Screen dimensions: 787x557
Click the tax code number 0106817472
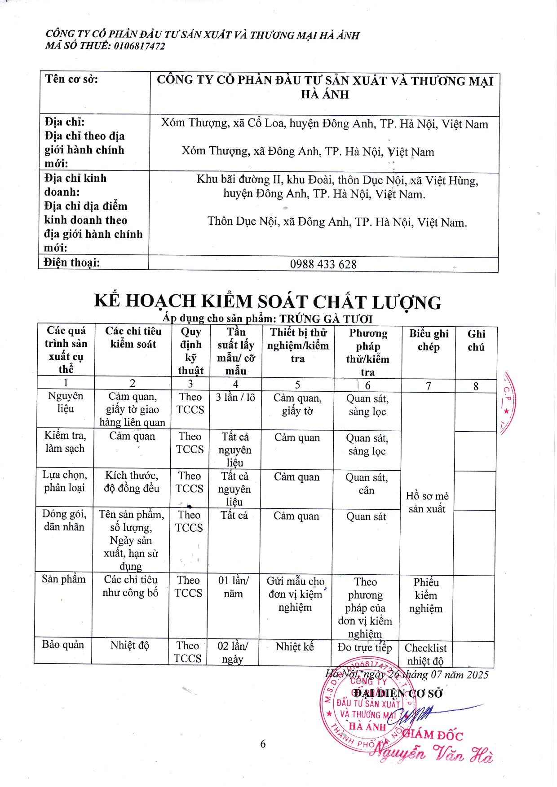tap(139, 46)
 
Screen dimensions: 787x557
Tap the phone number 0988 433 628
tap(323, 264)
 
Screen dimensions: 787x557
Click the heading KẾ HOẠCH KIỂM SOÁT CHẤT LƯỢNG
tap(268, 302)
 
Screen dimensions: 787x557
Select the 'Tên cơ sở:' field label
tap(71, 79)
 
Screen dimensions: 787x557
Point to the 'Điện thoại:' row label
tap(72, 262)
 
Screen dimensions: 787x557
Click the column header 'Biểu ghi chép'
tap(429, 340)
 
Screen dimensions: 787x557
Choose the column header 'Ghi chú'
tap(476, 340)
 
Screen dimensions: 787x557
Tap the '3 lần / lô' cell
tap(235, 398)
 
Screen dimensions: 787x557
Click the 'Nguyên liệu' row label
tap(66, 402)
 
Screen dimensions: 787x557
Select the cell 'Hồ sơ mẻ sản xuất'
tap(427, 502)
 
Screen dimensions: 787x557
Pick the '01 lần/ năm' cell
tap(233, 587)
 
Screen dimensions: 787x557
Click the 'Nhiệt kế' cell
tap(295, 647)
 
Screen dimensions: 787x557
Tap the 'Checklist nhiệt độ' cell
tap(425, 654)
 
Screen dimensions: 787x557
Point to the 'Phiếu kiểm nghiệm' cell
tap(426, 595)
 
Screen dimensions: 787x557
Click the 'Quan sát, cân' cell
tap(367, 484)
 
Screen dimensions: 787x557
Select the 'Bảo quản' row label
tap(63, 645)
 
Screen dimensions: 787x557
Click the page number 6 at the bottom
tap(263, 744)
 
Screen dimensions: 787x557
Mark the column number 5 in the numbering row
tap(297, 385)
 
